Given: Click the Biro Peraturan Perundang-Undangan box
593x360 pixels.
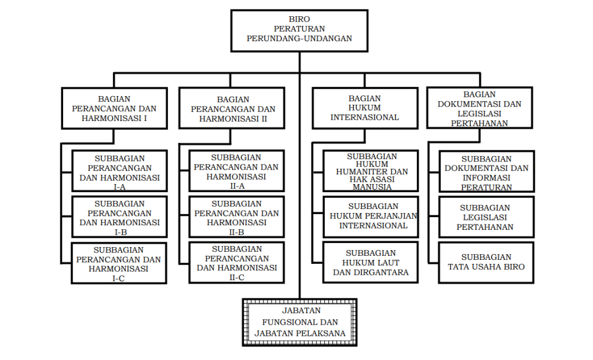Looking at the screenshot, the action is pos(299,31).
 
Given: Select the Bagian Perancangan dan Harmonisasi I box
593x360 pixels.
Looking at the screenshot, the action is pos(114,109).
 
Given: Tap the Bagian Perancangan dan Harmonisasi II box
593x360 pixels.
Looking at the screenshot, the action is pos(232,109).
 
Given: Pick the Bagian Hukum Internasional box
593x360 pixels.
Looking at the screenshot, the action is pos(365,108).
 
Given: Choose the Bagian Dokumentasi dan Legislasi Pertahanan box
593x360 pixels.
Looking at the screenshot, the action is pos(479,108).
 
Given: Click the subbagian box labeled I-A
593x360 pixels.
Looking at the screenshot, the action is pos(119,171).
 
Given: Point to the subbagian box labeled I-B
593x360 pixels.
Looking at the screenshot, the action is pos(119,216).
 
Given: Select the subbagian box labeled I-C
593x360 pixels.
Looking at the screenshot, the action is pos(119,263).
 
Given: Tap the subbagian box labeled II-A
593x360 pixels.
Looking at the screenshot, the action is pos(237,171).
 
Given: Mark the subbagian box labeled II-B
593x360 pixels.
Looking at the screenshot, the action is pos(237,216).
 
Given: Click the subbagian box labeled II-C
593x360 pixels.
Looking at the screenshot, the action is pos(237,263).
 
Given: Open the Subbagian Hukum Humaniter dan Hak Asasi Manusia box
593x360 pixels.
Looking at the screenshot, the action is pos(371,171).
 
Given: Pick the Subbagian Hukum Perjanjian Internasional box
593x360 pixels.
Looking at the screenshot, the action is pos(371,216).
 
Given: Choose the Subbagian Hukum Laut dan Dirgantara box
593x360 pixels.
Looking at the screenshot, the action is pos(371,262).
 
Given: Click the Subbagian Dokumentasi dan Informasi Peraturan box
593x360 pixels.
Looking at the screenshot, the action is pos(486,171).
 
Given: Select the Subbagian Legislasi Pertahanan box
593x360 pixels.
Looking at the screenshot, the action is pos(486,217).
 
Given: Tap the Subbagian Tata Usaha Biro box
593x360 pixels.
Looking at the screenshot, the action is pos(486,263).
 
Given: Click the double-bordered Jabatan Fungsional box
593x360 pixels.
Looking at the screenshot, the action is pos(299,322).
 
